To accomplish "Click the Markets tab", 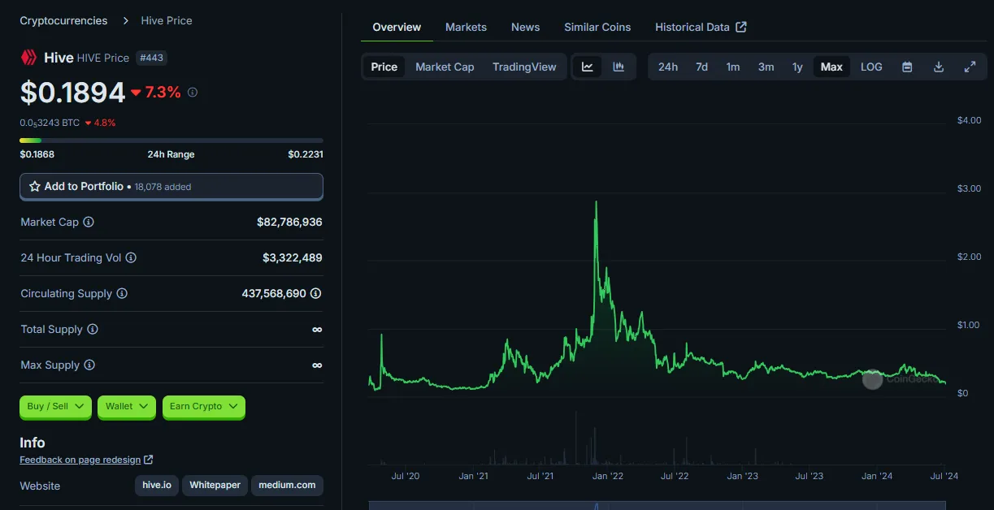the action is click(466, 27).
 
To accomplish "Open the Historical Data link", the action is click(701, 27).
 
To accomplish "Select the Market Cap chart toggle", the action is click(445, 67).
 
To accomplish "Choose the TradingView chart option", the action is click(524, 67).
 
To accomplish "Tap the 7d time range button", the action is click(701, 67).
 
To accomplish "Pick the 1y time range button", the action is click(797, 67).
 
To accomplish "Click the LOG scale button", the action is click(871, 67).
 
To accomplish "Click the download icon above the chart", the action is click(939, 67).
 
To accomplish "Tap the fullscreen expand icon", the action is click(970, 67).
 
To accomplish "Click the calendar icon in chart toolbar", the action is click(907, 67).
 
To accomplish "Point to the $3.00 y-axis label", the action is click(969, 188).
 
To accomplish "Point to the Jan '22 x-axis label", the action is click(607, 476).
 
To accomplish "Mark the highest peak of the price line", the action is click(596, 201).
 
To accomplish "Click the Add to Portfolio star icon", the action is click(35, 186).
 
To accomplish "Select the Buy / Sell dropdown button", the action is click(55, 406).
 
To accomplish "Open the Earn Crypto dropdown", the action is click(204, 406).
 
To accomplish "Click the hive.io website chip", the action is click(157, 485).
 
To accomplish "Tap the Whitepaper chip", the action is click(215, 485).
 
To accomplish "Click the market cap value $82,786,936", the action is click(289, 222).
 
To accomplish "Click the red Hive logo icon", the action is click(28, 57).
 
